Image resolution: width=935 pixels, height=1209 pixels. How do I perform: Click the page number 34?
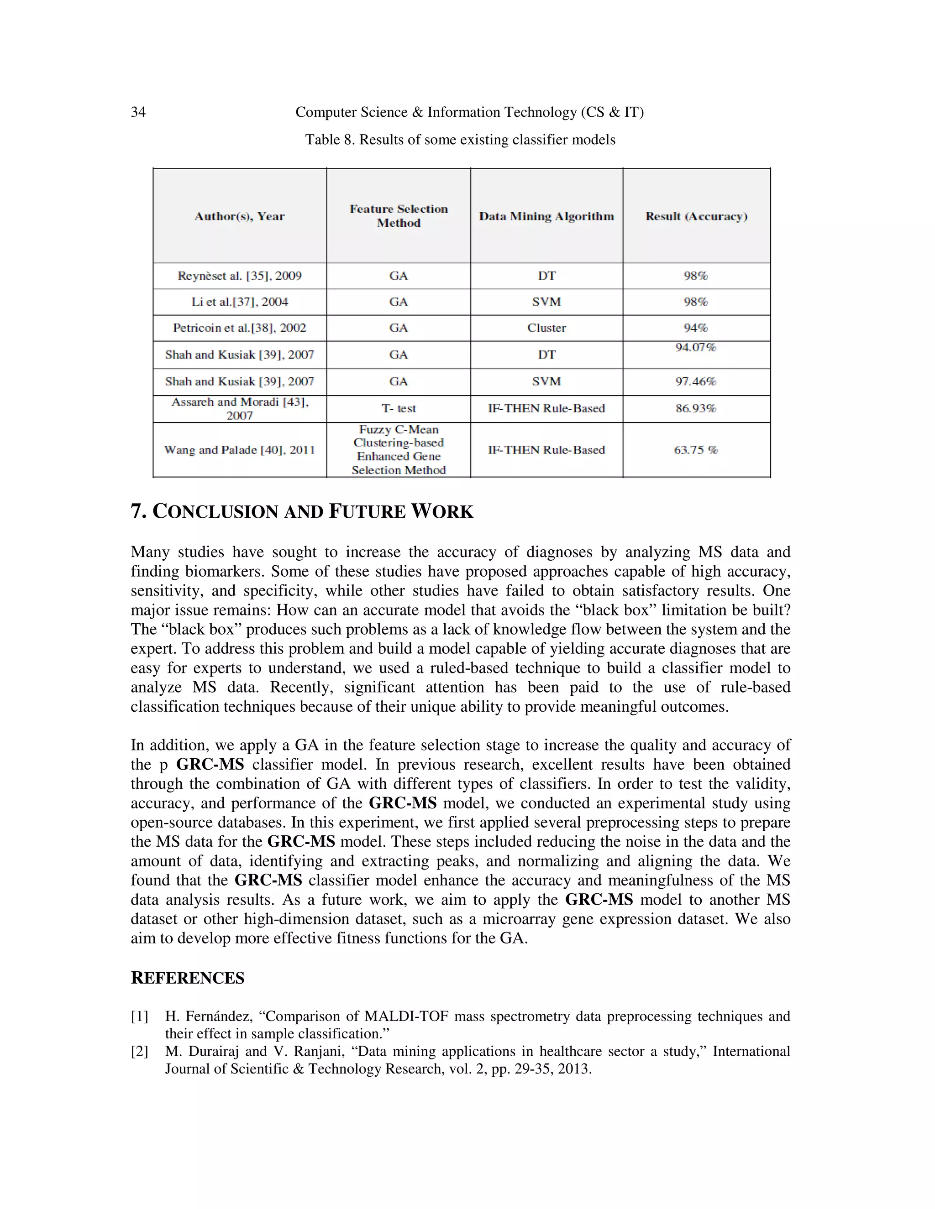coord(138,112)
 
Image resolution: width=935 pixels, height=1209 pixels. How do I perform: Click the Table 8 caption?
coord(460,140)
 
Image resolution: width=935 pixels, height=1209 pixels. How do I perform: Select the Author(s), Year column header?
coord(239,216)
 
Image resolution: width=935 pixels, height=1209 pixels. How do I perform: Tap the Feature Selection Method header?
coord(398,216)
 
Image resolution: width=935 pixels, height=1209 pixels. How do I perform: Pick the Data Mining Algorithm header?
coord(546,216)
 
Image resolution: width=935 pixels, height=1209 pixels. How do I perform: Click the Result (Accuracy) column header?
coord(696,216)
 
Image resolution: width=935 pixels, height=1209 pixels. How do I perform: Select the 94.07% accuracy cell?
coord(696,348)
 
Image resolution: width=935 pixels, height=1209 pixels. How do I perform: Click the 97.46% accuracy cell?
coord(696,381)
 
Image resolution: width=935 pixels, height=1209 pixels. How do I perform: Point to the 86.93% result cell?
coord(696,408)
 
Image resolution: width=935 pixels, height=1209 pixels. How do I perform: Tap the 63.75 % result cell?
coord(696,450)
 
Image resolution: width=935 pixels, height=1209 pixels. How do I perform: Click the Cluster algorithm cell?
coord(546,328)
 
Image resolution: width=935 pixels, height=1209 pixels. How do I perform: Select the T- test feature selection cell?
coord(398,408)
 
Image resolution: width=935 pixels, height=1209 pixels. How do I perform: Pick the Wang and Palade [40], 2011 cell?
coord(239,450)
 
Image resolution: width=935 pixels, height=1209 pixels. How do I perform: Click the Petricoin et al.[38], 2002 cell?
coord(239,328)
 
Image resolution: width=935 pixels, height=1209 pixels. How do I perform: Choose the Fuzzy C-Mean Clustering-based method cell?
coord(398,449)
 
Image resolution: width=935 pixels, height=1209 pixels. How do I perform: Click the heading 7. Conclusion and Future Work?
coord(302,511)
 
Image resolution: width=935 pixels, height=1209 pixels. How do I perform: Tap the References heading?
coord(187,978)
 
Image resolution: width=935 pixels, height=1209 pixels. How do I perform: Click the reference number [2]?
coord(140,1051)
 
